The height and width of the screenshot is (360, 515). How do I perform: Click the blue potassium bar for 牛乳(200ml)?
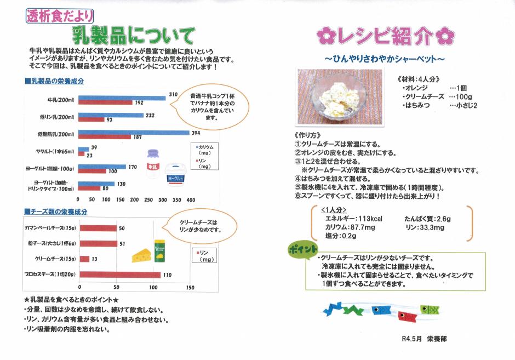[122, 98]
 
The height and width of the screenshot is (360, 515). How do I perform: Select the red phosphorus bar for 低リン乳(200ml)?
[91, 119]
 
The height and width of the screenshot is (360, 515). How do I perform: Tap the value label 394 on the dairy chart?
[196, 133]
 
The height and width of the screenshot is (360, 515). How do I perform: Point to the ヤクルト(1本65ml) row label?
[55, 151]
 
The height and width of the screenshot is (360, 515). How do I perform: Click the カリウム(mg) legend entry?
[204, 150]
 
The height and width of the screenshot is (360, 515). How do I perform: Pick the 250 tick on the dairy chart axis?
[148, 199]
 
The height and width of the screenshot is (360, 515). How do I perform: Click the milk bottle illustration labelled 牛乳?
[153, 164]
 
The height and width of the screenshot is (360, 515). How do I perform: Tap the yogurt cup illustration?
[176, 174]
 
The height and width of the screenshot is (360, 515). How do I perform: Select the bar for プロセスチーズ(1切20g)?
[120, 275]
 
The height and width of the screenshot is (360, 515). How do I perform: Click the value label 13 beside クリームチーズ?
[94, 259]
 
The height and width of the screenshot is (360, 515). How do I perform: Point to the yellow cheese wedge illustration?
[141, 255]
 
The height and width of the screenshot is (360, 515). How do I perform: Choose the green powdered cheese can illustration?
[159, 250]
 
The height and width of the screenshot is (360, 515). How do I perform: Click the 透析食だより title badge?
[60, 16]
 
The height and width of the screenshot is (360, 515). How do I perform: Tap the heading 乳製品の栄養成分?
[55, 81]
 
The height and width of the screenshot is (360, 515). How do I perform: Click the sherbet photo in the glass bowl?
[340, 97]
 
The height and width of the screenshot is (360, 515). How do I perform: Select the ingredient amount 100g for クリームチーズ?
[463, 96]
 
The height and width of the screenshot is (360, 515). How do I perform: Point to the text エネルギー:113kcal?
[353, 219]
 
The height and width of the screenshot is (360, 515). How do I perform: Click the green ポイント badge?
[303, 250]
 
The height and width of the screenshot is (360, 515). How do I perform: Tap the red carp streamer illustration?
[407, 317]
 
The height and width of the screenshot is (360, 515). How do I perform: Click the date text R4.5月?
[411, 339]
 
